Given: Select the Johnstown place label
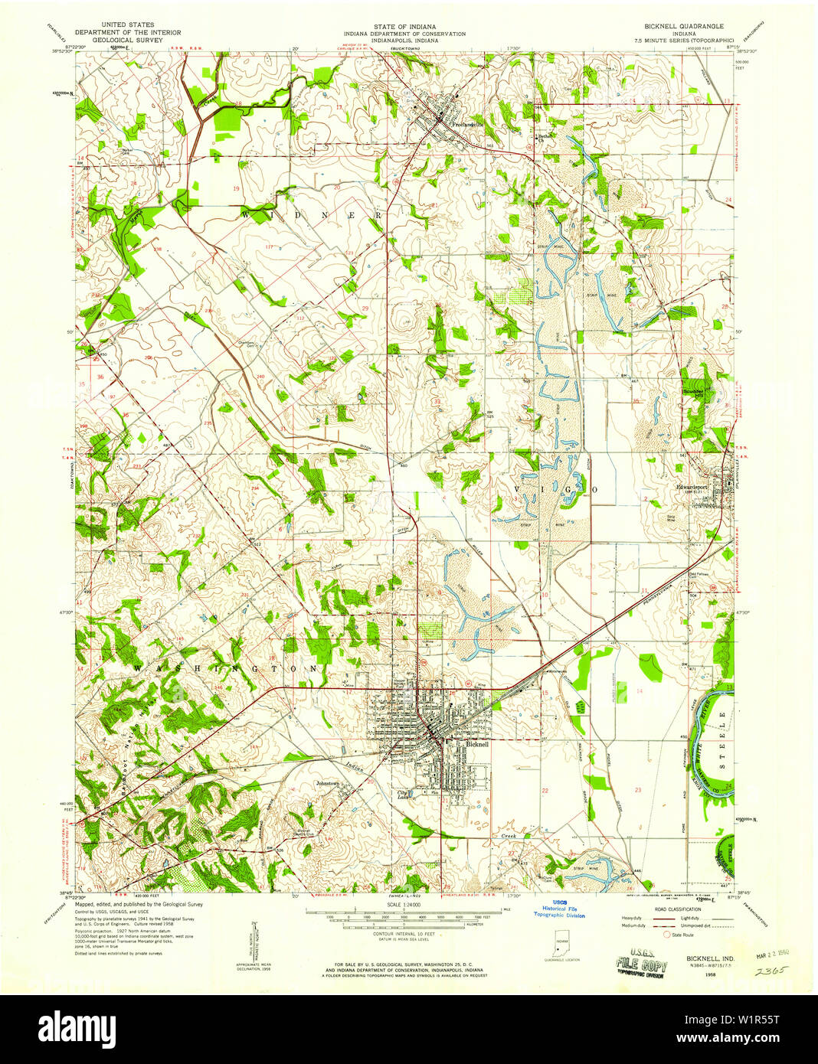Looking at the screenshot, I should point(330,784).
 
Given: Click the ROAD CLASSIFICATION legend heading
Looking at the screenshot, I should point(676,909).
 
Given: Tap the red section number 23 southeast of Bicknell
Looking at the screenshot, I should point(637,789).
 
